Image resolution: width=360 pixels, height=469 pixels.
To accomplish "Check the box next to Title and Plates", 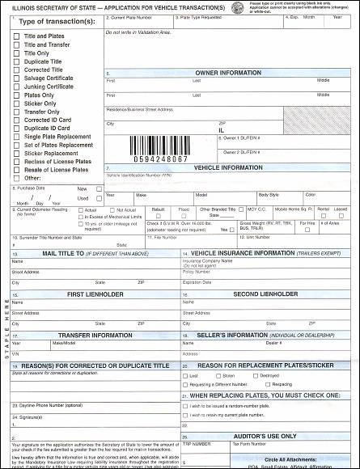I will point(17,37).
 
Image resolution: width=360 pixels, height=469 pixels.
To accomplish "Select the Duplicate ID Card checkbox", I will point(17,127).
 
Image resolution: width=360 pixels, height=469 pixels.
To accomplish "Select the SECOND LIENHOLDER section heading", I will point(266,294).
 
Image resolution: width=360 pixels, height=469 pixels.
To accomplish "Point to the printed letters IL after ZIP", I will point(221,129).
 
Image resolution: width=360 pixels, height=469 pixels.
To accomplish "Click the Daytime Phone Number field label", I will point(51,404).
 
